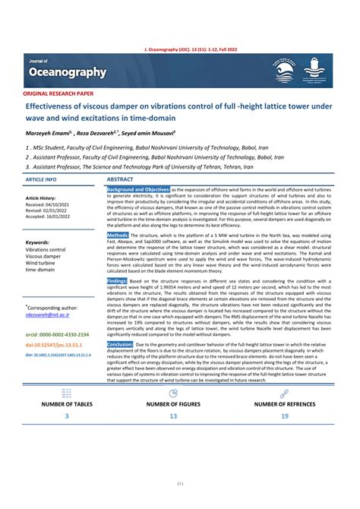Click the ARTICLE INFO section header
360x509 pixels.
click(x=41, y=179)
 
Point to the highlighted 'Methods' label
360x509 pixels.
click(x=118, y=236)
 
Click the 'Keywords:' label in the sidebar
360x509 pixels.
click(x=38, y=243)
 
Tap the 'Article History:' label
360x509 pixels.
click(x=42, y=198)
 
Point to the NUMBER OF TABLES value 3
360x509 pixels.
click(x=66, y=416)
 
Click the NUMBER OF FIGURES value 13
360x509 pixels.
click(x=173, y=416)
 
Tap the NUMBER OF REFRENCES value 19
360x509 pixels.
click(x=284, y=416)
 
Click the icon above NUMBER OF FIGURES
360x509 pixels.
click(x=173, y=394)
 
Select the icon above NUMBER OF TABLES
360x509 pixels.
click(x=66, y=394)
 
